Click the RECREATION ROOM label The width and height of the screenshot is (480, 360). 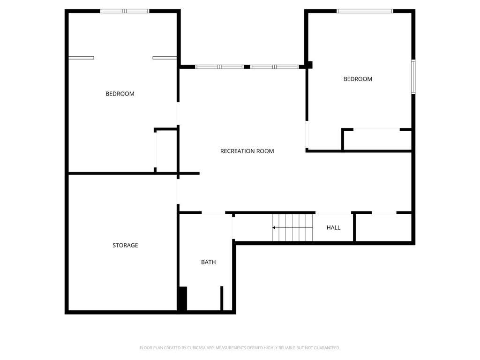[x=247, y=151]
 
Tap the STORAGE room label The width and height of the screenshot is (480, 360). [x=125, y=245]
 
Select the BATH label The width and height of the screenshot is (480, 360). [x=209, y=262]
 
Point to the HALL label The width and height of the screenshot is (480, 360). [x=333, y=227]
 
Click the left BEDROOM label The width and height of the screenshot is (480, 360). [x=120, y=94]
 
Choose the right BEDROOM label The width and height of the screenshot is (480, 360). [x=358, y=79]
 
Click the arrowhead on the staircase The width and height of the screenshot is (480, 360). [x=274, y=228]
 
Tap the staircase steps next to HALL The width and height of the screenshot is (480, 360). [x=292, y=227]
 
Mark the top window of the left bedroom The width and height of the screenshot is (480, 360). [x=125, y=11]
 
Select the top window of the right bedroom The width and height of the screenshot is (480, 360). [x=365, y=11]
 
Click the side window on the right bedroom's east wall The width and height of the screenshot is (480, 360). [x=413, y=76]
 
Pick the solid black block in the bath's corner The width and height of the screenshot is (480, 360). [x=183, y=299]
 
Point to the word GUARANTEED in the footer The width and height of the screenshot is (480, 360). [x=327, y=348]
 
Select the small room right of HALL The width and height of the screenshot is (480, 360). [x=383, y=227]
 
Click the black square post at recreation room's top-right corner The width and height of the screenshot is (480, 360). [x=309, y=65]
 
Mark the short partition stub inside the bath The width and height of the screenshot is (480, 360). [x=222, y=299]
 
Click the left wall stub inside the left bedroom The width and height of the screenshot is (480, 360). [x=81, y=58]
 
